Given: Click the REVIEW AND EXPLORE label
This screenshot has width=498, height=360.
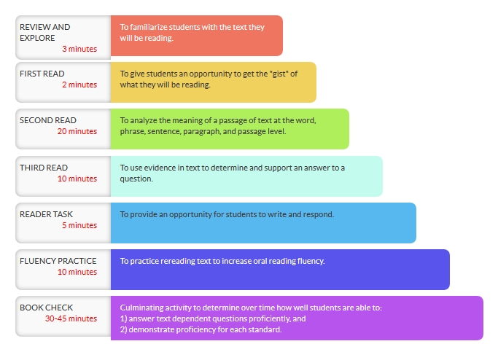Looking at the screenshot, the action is point(44,32).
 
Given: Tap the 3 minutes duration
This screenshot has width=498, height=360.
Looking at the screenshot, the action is point(79,49).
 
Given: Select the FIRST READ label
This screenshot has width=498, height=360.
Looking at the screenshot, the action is point(42,74).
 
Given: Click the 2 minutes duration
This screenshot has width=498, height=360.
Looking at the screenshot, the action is point(79,85).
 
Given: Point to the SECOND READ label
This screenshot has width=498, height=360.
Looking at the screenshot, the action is point(48,120).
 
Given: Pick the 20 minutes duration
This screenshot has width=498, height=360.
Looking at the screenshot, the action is point(77,131).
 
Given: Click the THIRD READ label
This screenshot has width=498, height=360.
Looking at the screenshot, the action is point(44,168).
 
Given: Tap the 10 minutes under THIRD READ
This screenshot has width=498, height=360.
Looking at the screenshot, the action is point(77,179).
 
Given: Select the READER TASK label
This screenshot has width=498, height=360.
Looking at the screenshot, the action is point(46,214).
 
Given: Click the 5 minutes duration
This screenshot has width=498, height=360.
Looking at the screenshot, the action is point(79,225).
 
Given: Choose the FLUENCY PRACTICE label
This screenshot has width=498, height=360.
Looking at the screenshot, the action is point(58,261).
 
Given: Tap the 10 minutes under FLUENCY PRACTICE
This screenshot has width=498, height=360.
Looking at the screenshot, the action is point(77,272).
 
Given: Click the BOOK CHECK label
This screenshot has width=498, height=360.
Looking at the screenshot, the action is point(46,308).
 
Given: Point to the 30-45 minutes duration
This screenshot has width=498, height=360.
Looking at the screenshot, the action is point(71,318).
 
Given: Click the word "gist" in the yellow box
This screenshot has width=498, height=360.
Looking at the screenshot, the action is point(279,74).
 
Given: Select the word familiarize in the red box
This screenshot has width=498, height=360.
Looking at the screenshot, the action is point(148,27).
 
